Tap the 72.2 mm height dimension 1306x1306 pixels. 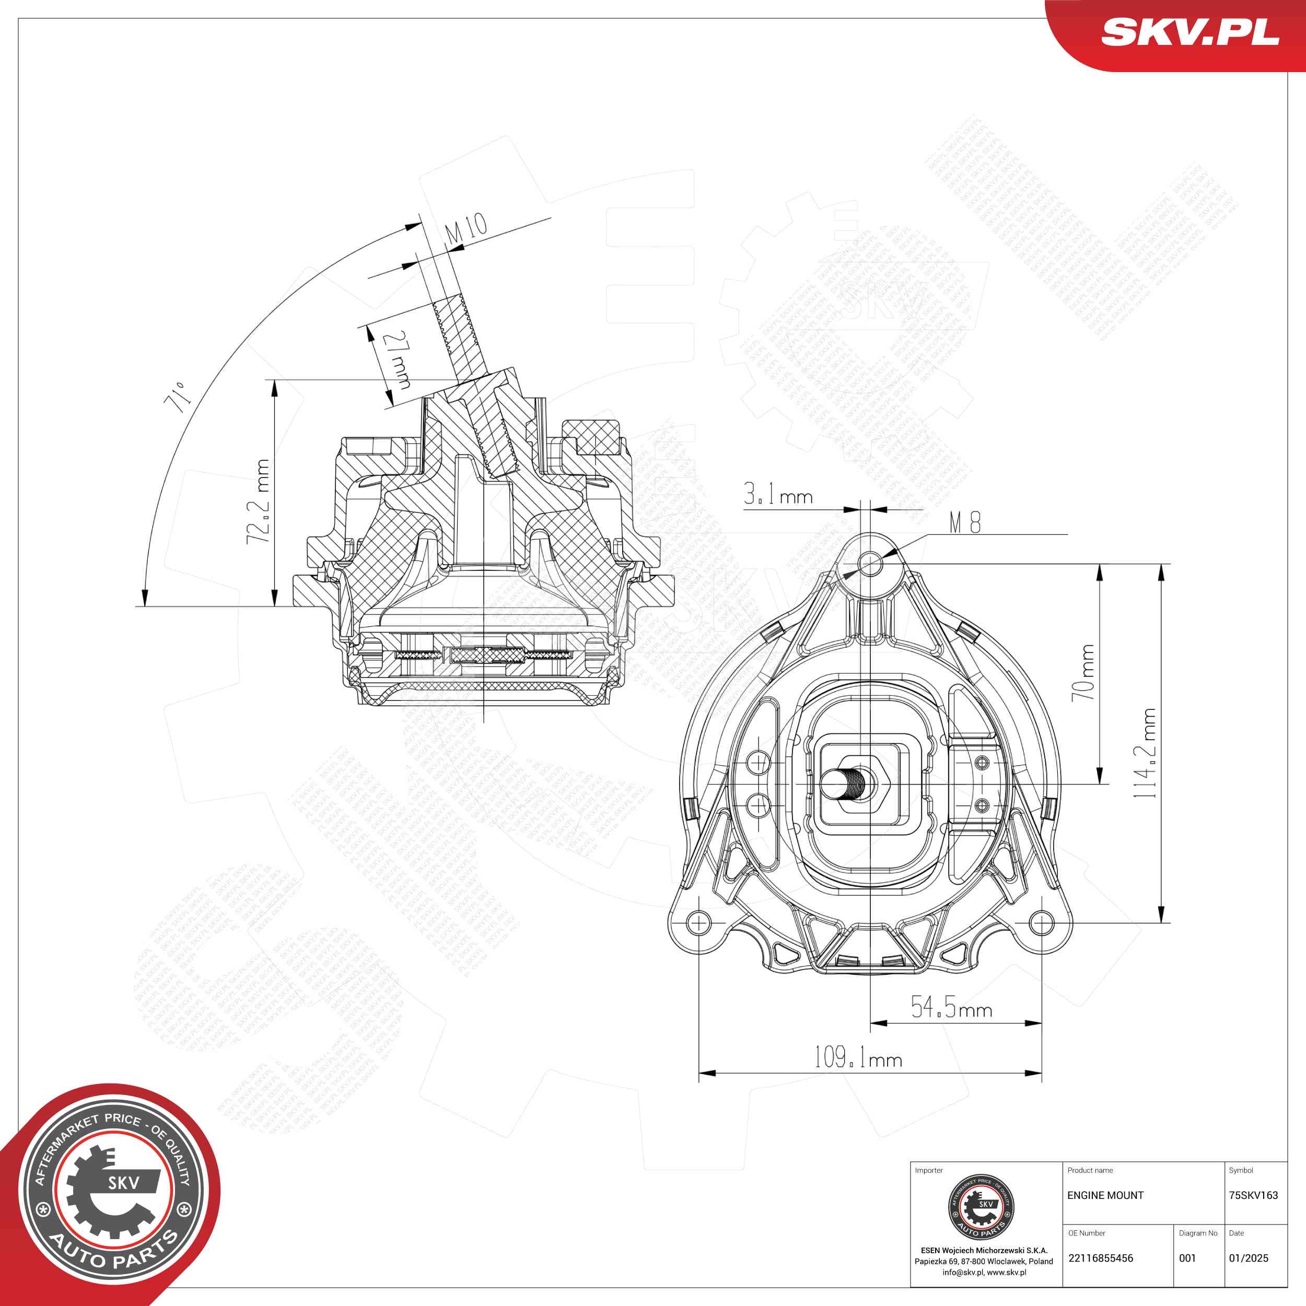coord(258,502)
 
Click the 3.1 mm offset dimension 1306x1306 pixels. coord(778,495)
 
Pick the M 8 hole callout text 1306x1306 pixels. coord(965,522)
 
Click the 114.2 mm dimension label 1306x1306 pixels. coord(1145,753)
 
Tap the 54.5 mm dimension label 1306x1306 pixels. coord(951,1008)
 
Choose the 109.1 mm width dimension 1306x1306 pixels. coord(858,1057)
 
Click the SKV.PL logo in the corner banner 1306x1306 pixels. coord(1190,32)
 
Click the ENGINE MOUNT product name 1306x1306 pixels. coord(1105,1195)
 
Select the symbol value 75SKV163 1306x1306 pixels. coord(1253,1195)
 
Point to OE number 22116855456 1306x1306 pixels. coord(1101,1258)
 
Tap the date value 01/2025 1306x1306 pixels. coord(1249,1258)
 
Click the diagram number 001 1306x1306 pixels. coord(1188,1258)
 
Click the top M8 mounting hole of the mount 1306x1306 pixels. coord(871,563)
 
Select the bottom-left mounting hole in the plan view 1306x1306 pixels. coord(698,922)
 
